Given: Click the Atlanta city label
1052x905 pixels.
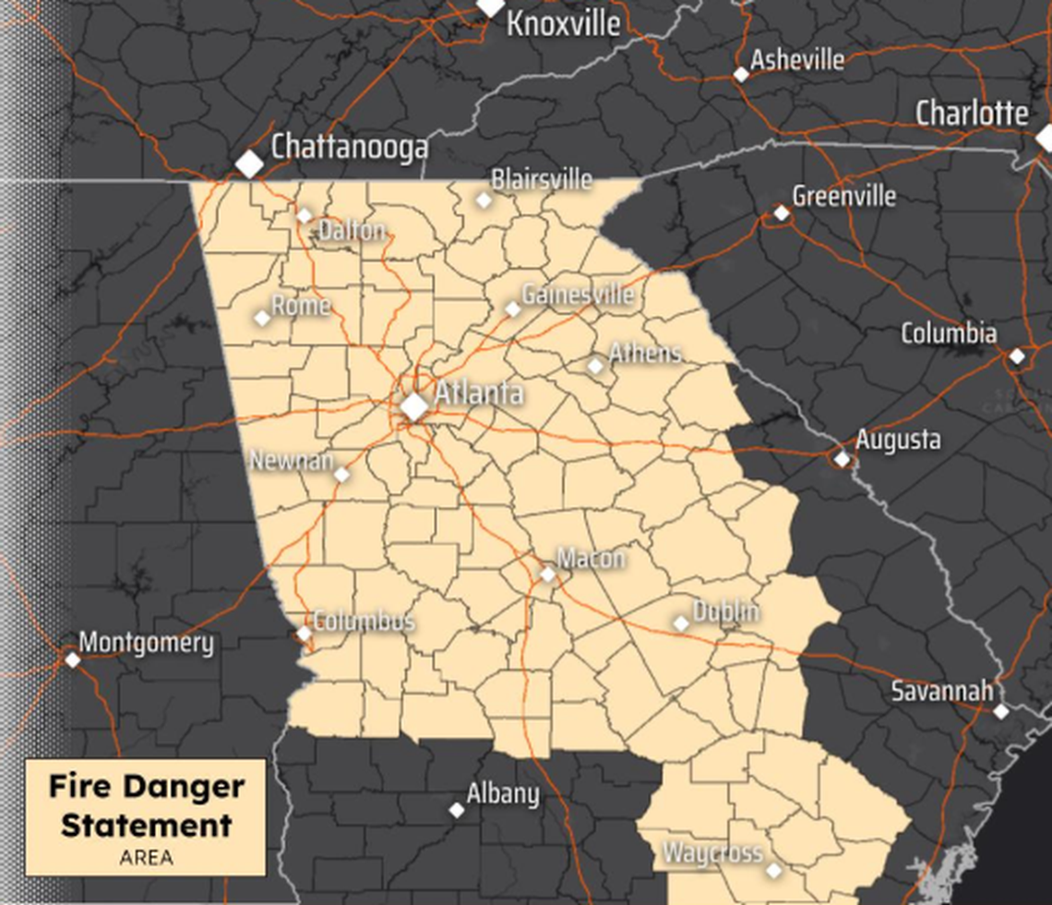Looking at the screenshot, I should tap(478, 393).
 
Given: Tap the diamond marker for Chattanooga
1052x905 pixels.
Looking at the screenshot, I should tap(249, 164).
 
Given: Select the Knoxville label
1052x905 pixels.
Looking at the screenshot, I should tap(563, 24).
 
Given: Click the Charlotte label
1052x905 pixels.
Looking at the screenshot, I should tap(971, 114).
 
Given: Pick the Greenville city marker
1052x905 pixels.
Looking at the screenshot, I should tap(782, 213).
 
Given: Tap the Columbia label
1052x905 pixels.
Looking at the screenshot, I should tap(949, 333).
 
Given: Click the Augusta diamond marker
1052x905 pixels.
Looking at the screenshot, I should tap(842, 458).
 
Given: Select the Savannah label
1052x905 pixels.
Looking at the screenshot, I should tap(941, 691).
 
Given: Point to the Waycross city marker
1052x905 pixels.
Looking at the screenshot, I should tap(774, 870).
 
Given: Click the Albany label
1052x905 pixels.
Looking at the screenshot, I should tap(502, 793).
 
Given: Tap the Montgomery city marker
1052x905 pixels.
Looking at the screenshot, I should tap(72, 659).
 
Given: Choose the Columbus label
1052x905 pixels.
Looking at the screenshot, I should tap(364, 621).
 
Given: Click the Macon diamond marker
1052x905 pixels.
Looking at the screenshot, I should tap(548, 574).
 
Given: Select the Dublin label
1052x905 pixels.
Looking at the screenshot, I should tap(726, 610).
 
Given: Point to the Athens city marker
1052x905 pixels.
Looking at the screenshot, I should tap(596, 366).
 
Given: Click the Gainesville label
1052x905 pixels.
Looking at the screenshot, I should tap(578, 295).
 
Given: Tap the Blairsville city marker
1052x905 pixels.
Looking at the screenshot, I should tap(484, 199).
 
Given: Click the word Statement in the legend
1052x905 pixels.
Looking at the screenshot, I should tap(146, 825).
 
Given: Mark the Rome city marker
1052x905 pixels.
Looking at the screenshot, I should tap(262, 318).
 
